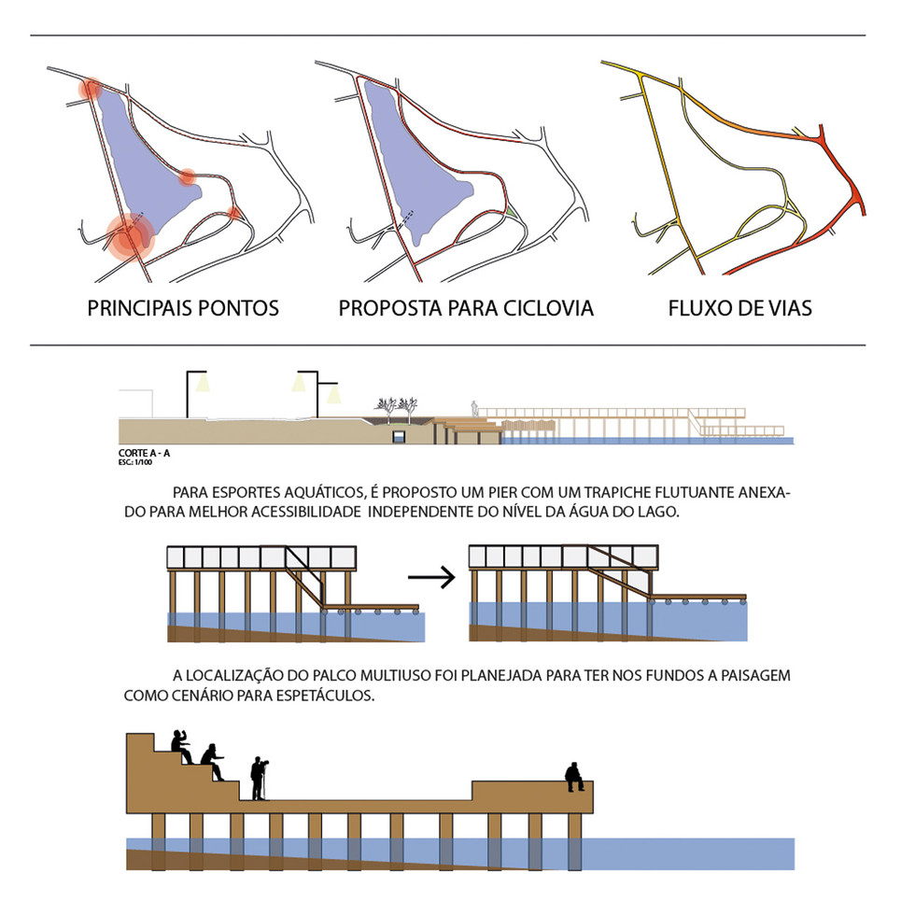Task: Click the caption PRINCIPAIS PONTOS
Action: point(183,308)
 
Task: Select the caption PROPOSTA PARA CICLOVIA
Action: point(466,308)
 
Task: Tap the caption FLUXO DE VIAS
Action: point(739,308)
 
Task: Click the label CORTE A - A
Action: point(145,453)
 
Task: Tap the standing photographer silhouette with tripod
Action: point(259,779)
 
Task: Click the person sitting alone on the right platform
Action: point(575,776)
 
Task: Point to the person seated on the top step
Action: point(181,746)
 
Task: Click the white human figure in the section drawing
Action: point(474,409)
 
